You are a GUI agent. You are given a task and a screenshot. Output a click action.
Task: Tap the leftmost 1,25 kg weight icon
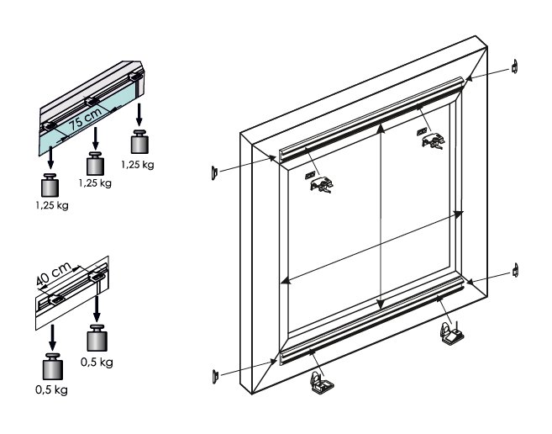(50, 185)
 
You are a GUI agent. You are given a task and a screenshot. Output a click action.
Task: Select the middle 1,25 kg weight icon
(97, 161)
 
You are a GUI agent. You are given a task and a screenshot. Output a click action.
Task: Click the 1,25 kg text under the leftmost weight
(52, 207)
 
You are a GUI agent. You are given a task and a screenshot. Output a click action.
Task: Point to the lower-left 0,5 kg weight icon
(53, 368)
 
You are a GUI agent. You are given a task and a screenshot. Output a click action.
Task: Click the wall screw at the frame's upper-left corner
(214, 172)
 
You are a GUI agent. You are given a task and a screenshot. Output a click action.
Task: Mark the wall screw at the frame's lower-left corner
(214, 376)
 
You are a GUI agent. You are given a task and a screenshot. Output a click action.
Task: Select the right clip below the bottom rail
(450, 334)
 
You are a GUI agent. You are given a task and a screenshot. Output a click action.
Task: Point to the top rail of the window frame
(370, 118)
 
